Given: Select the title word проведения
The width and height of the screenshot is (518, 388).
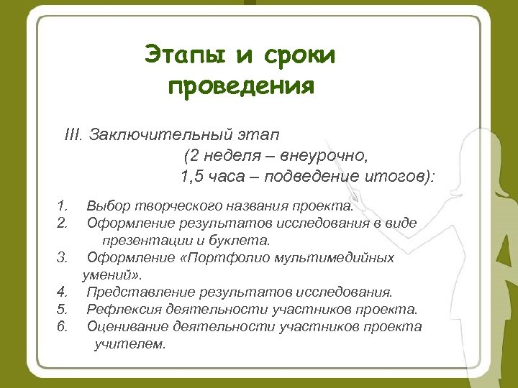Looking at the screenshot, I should pyautogui.click(x=241, y=87).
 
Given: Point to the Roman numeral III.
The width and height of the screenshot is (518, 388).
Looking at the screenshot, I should pyautogui.click(x=74, y=134).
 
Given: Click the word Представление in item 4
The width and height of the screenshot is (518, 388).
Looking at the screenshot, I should pyautogui.click(x=140, y=292).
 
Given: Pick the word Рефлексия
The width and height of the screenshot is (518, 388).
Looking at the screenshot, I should pyautogui.click(x=123, y=309).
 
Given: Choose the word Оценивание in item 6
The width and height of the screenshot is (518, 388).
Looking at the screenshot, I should pyautogui.click(x=127, y=326).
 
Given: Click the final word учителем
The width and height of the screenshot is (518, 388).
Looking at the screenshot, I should pyautogui.click(x=129, y=343).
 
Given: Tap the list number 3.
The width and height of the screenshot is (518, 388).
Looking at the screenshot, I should pyautogui.click(x=62, y=257).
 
